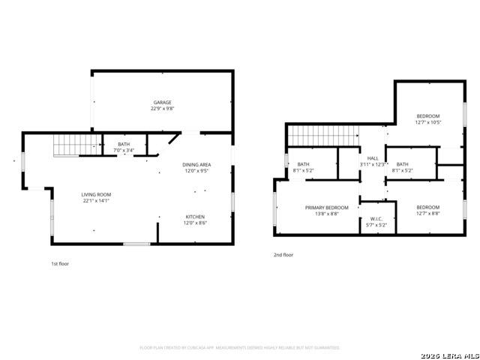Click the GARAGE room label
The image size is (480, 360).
pos(163,102)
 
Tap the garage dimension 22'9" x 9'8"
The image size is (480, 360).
pos(163,109)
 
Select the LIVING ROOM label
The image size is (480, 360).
pos(96,194)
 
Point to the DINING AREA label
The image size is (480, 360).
pos(196,164)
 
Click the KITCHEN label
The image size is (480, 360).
pos(195,217)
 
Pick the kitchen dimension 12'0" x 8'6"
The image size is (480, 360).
pos(195,223)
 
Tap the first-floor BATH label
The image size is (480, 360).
pos(124,144)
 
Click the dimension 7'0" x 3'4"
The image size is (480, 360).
pos(124,151)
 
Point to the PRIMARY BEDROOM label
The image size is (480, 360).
pos(326,207)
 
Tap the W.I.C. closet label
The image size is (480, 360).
pos(376,218)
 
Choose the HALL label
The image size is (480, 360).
pos(373,158)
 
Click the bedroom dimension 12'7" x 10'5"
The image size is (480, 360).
pos(428,122)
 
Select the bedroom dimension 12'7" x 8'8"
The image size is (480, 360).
pos(428,214)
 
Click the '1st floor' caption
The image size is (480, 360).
pos(60,264)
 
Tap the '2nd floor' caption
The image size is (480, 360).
pos(283,255)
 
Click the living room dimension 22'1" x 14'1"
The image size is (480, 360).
pos(96,201)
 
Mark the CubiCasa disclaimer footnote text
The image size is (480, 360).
pos(240,348)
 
